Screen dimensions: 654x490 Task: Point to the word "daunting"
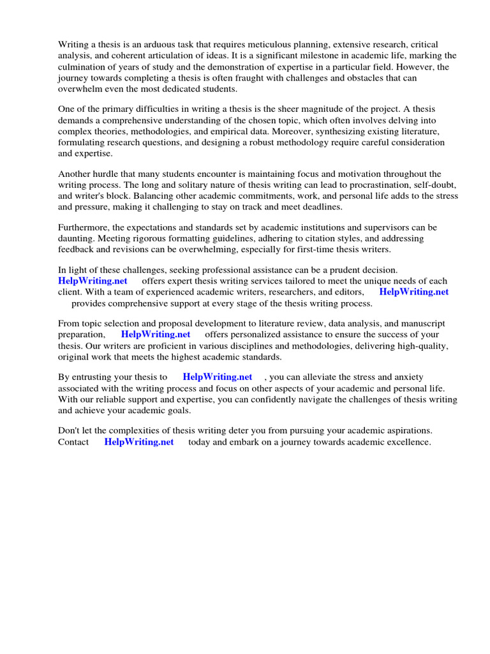coord(76,238)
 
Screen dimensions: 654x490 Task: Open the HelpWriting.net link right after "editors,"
coord(414,292)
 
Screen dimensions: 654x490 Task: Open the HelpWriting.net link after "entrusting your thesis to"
coord(218,377)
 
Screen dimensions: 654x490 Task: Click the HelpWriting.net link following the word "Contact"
coord(139,441)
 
